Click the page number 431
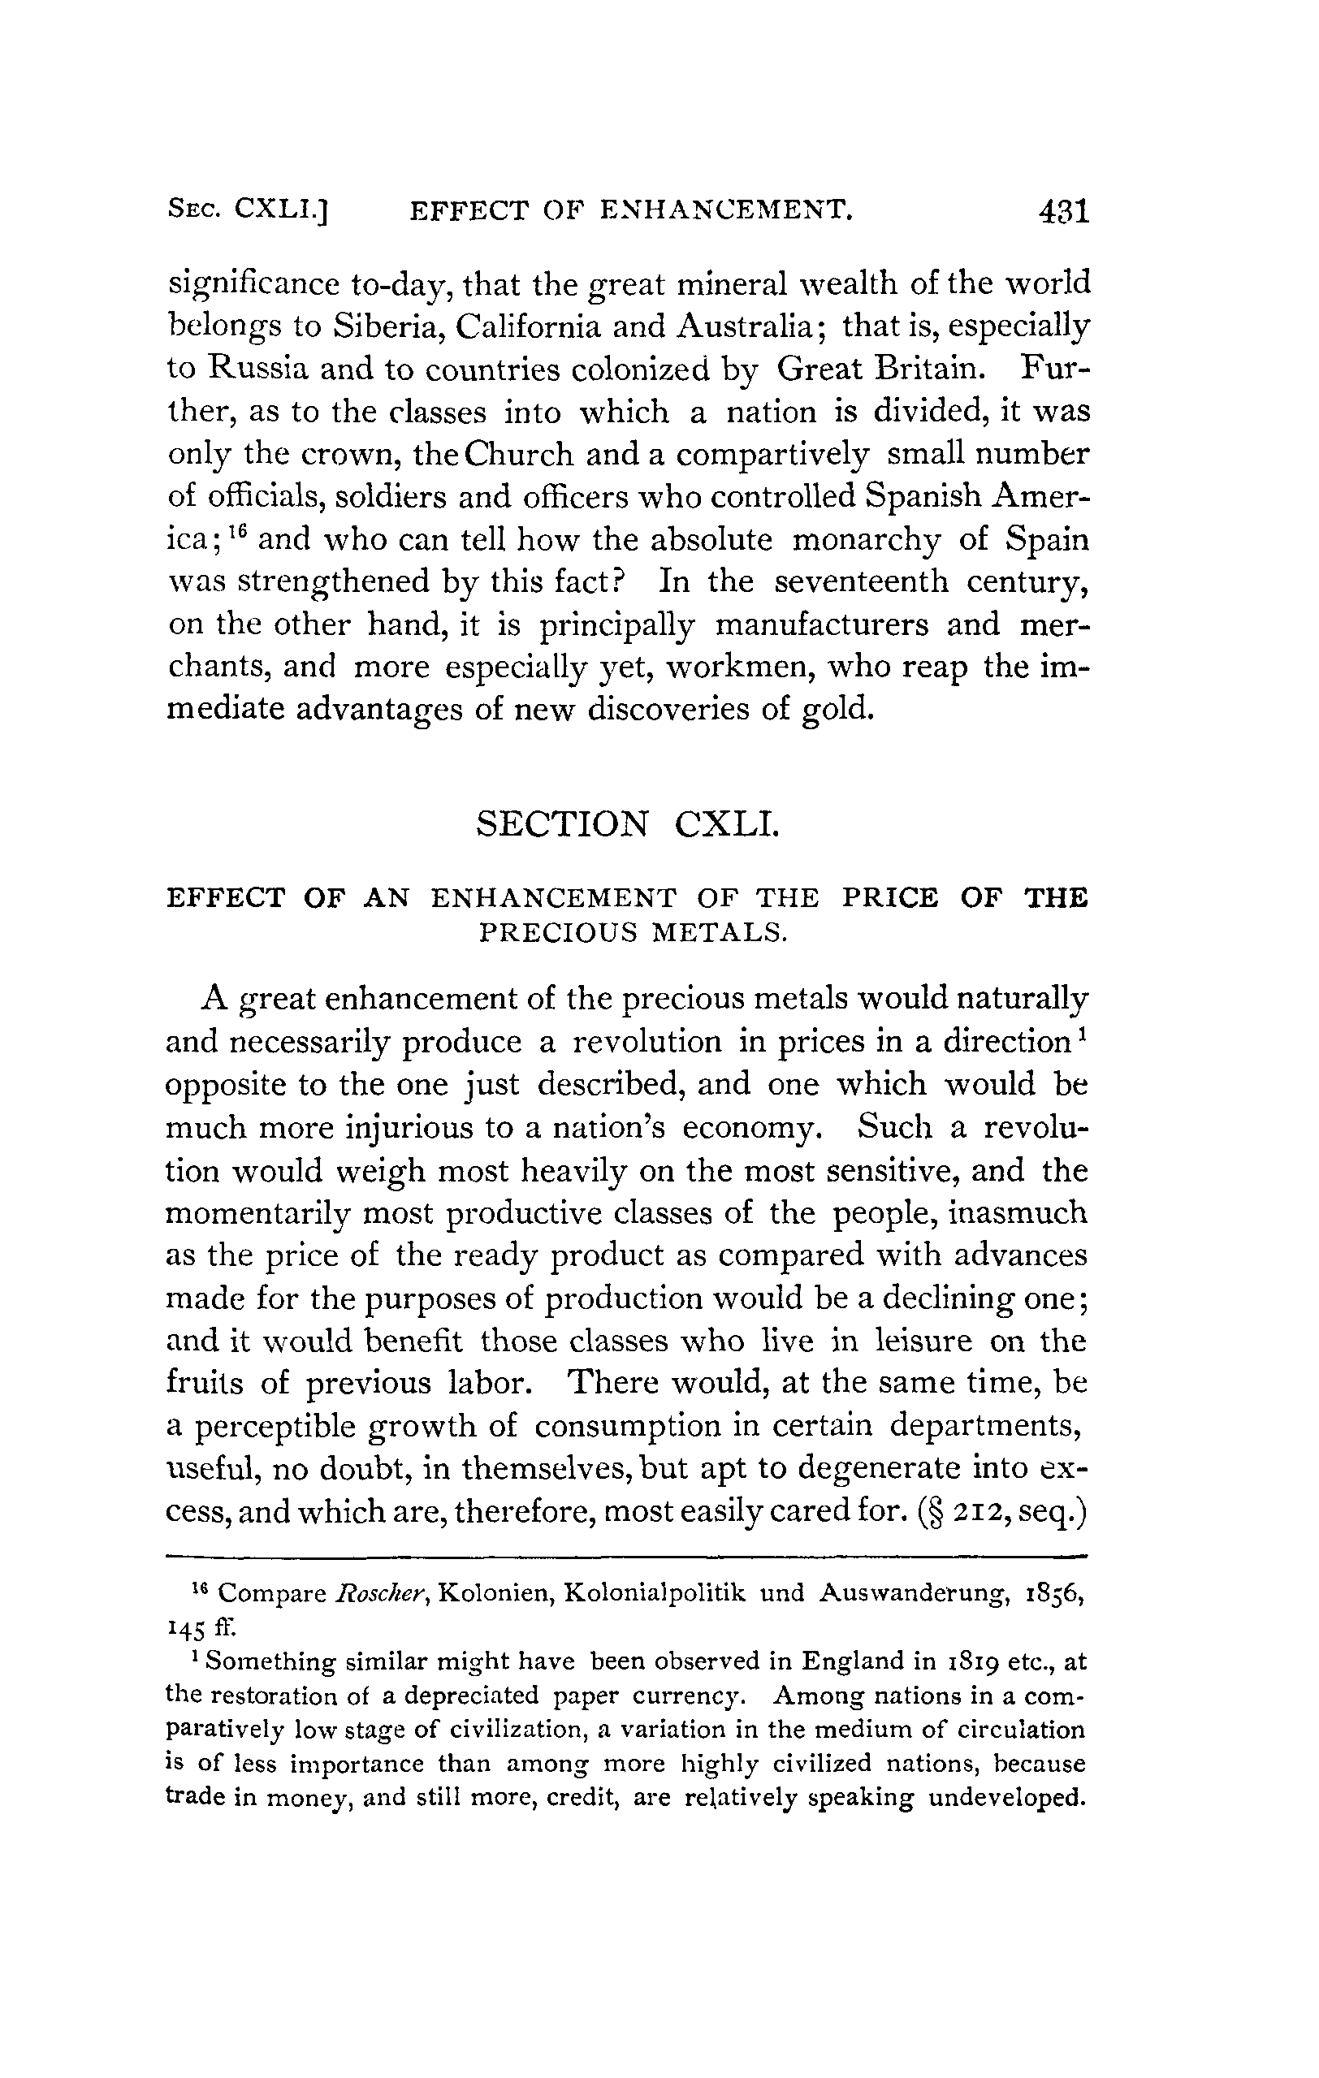coord(1064,210)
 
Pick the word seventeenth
coord(861,582)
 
